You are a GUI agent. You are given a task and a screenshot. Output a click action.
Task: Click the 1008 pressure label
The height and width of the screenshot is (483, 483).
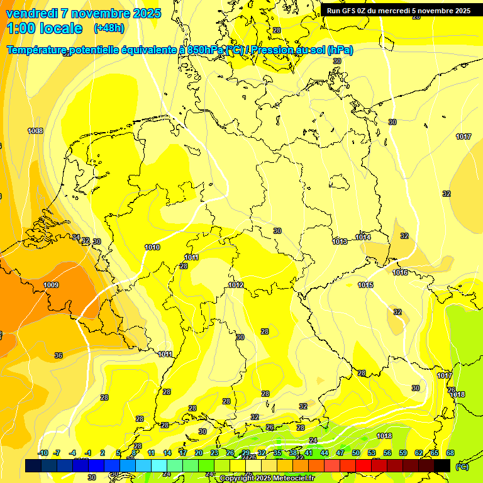coord(35,131)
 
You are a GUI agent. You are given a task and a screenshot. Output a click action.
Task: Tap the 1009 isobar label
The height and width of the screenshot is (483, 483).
coord(51,285)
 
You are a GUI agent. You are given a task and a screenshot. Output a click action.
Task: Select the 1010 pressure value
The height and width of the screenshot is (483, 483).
coord(152,247)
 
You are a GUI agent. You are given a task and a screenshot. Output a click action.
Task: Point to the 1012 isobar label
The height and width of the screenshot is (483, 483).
coord(236,285)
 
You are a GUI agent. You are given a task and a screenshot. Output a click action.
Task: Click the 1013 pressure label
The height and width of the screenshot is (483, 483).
coord(340,241)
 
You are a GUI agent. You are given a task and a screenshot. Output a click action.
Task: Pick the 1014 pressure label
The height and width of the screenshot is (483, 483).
coord(363,237)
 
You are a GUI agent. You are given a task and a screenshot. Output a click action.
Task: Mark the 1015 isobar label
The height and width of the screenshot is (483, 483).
coord(365,285)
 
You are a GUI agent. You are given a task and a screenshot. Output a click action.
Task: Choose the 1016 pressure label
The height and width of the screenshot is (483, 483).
coord(400,272)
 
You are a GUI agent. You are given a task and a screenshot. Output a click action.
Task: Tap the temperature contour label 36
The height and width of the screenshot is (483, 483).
coord(58,355)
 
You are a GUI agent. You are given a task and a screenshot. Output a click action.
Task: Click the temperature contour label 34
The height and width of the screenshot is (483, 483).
coord(76,237)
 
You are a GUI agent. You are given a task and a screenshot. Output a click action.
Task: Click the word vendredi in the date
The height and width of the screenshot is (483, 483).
coord(31,13)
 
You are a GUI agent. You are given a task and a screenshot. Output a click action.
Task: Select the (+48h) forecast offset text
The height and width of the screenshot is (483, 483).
coord(109,28)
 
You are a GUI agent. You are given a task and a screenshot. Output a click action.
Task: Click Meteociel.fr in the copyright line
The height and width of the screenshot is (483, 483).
coord(289,479)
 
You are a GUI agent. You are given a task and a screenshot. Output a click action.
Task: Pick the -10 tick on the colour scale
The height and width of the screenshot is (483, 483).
coord(43,453)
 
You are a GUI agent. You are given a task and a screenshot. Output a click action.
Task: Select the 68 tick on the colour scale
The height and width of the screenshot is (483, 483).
coord(450,453)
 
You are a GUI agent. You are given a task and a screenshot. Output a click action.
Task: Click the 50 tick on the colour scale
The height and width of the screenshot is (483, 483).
coord(356,453)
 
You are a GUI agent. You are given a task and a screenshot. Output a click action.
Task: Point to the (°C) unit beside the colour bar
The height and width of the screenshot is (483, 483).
coord(462,466)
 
